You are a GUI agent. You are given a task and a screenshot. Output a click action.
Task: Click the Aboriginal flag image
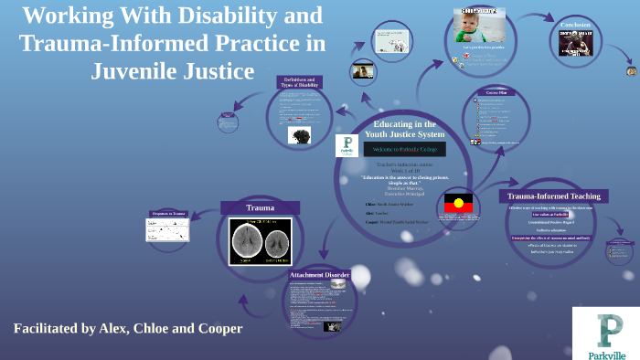(x=458, y=203)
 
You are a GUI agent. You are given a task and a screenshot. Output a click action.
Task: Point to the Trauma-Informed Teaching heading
(x=554, y=196)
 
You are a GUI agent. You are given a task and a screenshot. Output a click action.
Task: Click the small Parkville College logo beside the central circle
(x=347, y=146)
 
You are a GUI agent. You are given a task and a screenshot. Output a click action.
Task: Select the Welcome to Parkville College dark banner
(x=405, y=148)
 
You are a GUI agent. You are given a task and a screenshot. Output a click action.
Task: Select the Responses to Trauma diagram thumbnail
(x=167, y=227)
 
